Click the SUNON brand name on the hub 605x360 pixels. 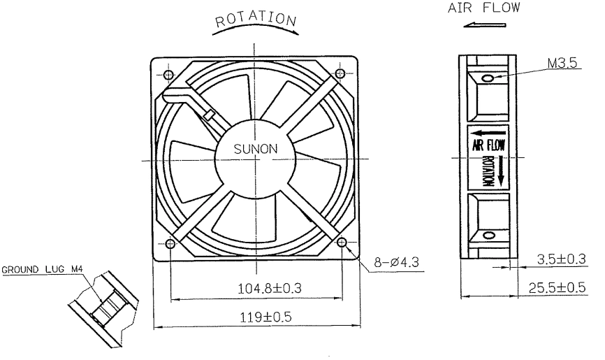256,149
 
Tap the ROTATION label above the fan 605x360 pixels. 256,20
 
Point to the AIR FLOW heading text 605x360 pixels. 484,8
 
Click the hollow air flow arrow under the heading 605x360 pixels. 484,25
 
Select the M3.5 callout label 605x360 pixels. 562,63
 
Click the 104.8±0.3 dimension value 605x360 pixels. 270,288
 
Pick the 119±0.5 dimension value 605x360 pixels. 266,317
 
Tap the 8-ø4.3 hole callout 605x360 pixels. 396,263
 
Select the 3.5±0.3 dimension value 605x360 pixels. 562,259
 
